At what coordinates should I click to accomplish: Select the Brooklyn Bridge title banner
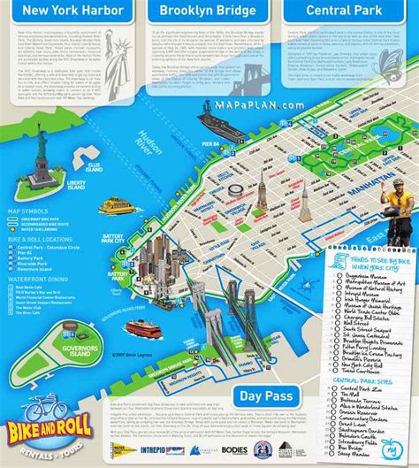[209, 12]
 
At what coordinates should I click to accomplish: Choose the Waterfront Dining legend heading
[34, 284]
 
